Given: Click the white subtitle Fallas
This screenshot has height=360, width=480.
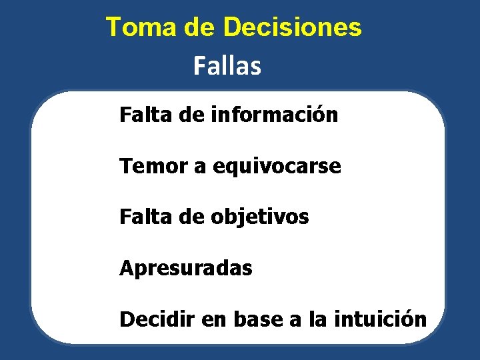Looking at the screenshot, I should [x=227, y=66].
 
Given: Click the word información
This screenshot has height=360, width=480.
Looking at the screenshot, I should [x=274, y=115].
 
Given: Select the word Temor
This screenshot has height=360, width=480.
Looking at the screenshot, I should [x=153, y=166].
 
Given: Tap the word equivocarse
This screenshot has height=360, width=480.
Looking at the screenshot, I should [x=277, y=167].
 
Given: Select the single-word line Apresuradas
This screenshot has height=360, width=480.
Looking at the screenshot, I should [x=186, y=269].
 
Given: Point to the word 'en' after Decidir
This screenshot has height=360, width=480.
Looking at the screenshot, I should [x=213, y=320].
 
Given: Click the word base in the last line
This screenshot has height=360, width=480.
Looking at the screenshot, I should [x=259, y=319].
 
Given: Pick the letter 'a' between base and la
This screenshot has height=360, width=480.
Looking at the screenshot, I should [x=295, y=321].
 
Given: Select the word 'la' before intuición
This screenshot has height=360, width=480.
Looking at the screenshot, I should [x=317, y=319].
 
